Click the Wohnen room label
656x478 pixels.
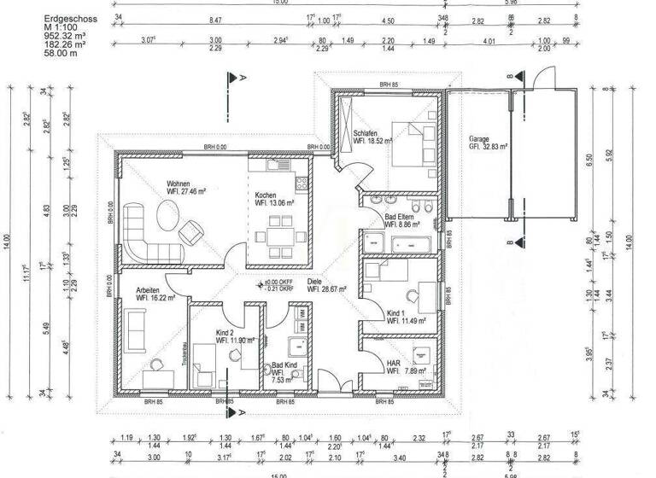point(179,184)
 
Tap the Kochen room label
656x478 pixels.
point(266,195)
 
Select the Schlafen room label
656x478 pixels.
point(366,132)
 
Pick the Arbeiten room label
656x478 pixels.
point(149,290)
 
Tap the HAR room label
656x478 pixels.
point(393,363)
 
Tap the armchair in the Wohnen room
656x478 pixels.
point(191,230)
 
